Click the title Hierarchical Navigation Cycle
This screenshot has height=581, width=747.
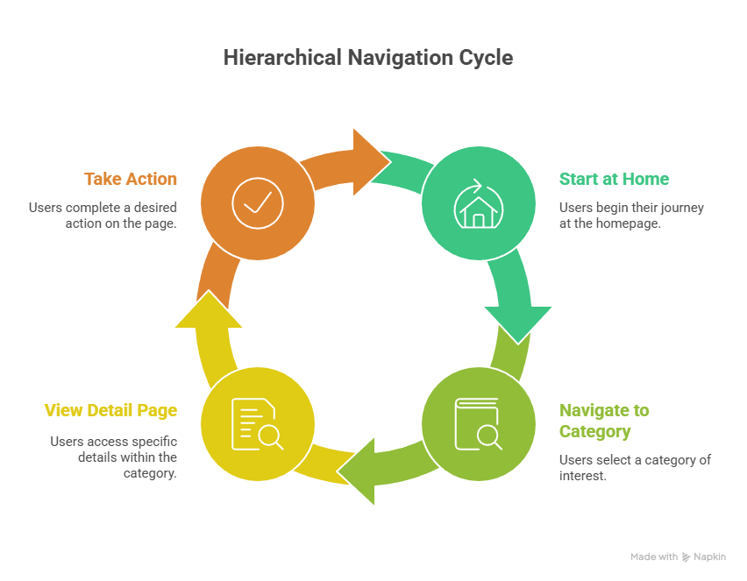click(x=367, y=59)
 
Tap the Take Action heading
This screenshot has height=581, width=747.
click(x=130, y=179)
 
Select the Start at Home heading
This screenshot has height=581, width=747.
click(x=614, y=179)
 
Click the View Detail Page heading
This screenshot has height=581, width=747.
click(x=110, y=410)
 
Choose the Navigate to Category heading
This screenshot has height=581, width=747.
click(x=604, y=421)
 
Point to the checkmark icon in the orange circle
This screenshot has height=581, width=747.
click(x=257, y=203)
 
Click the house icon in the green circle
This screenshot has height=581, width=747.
click(x=478, y=203)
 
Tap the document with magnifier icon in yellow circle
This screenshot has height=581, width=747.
click(x=257, y=424)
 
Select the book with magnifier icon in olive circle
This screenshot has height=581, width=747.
click(x=478, y=424)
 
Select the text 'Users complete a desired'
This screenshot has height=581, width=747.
click(x=103, y=208)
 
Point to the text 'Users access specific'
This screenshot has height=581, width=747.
click(x=113, y=442)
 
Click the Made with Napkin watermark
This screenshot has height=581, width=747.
click(x=678, y=556)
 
